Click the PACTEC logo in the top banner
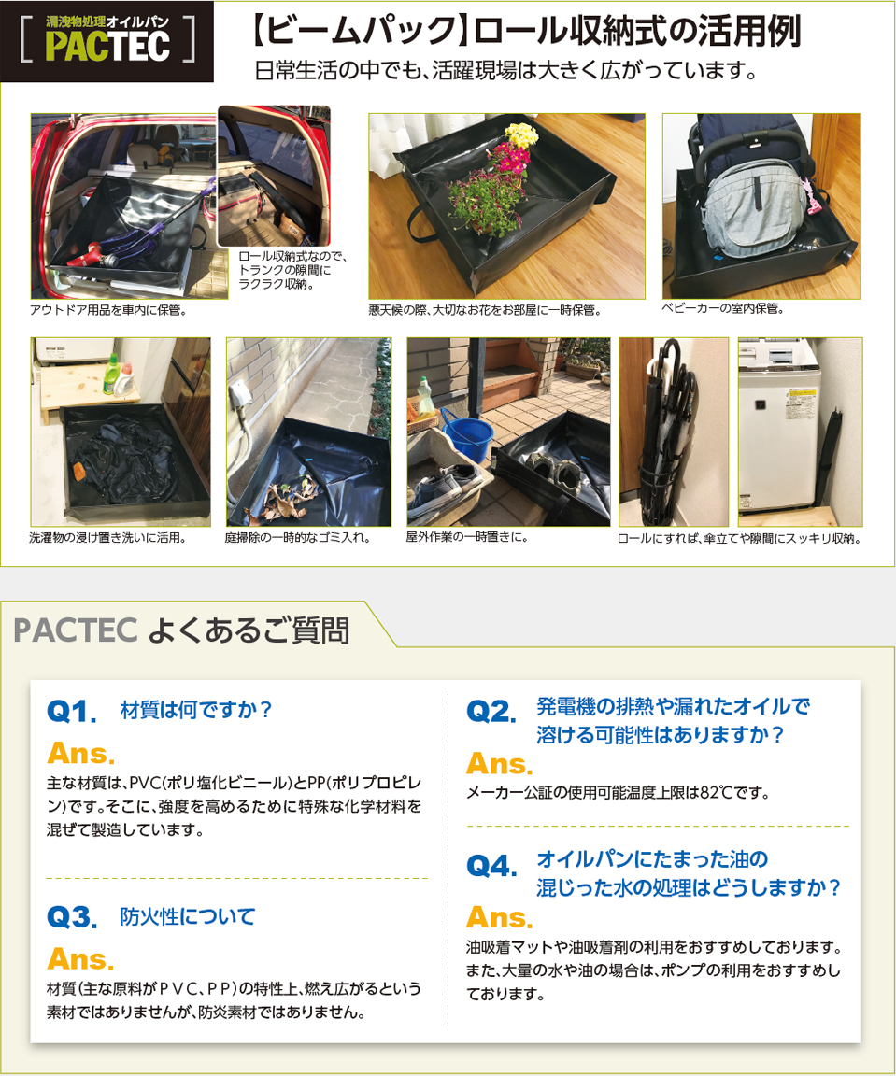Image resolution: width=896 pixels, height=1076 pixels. click(107, 42)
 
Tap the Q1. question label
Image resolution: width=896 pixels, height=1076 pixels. click(72, 713)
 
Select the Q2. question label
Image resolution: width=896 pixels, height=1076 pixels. click(491, 713)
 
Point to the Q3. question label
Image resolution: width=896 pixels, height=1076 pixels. click(72, 918)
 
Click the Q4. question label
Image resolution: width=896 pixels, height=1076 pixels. click(491, 866)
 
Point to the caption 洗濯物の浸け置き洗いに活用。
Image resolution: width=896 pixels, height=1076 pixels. click(108, 538)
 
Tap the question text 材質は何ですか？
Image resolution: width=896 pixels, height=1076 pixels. click(196, 710)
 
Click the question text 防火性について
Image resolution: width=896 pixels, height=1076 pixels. click(188, 916)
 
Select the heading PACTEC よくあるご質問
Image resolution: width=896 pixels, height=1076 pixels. click(182, 630)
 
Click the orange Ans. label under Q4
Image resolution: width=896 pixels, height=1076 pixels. click(499, 917)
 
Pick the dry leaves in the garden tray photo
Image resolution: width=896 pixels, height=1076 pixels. click(280, 495)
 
